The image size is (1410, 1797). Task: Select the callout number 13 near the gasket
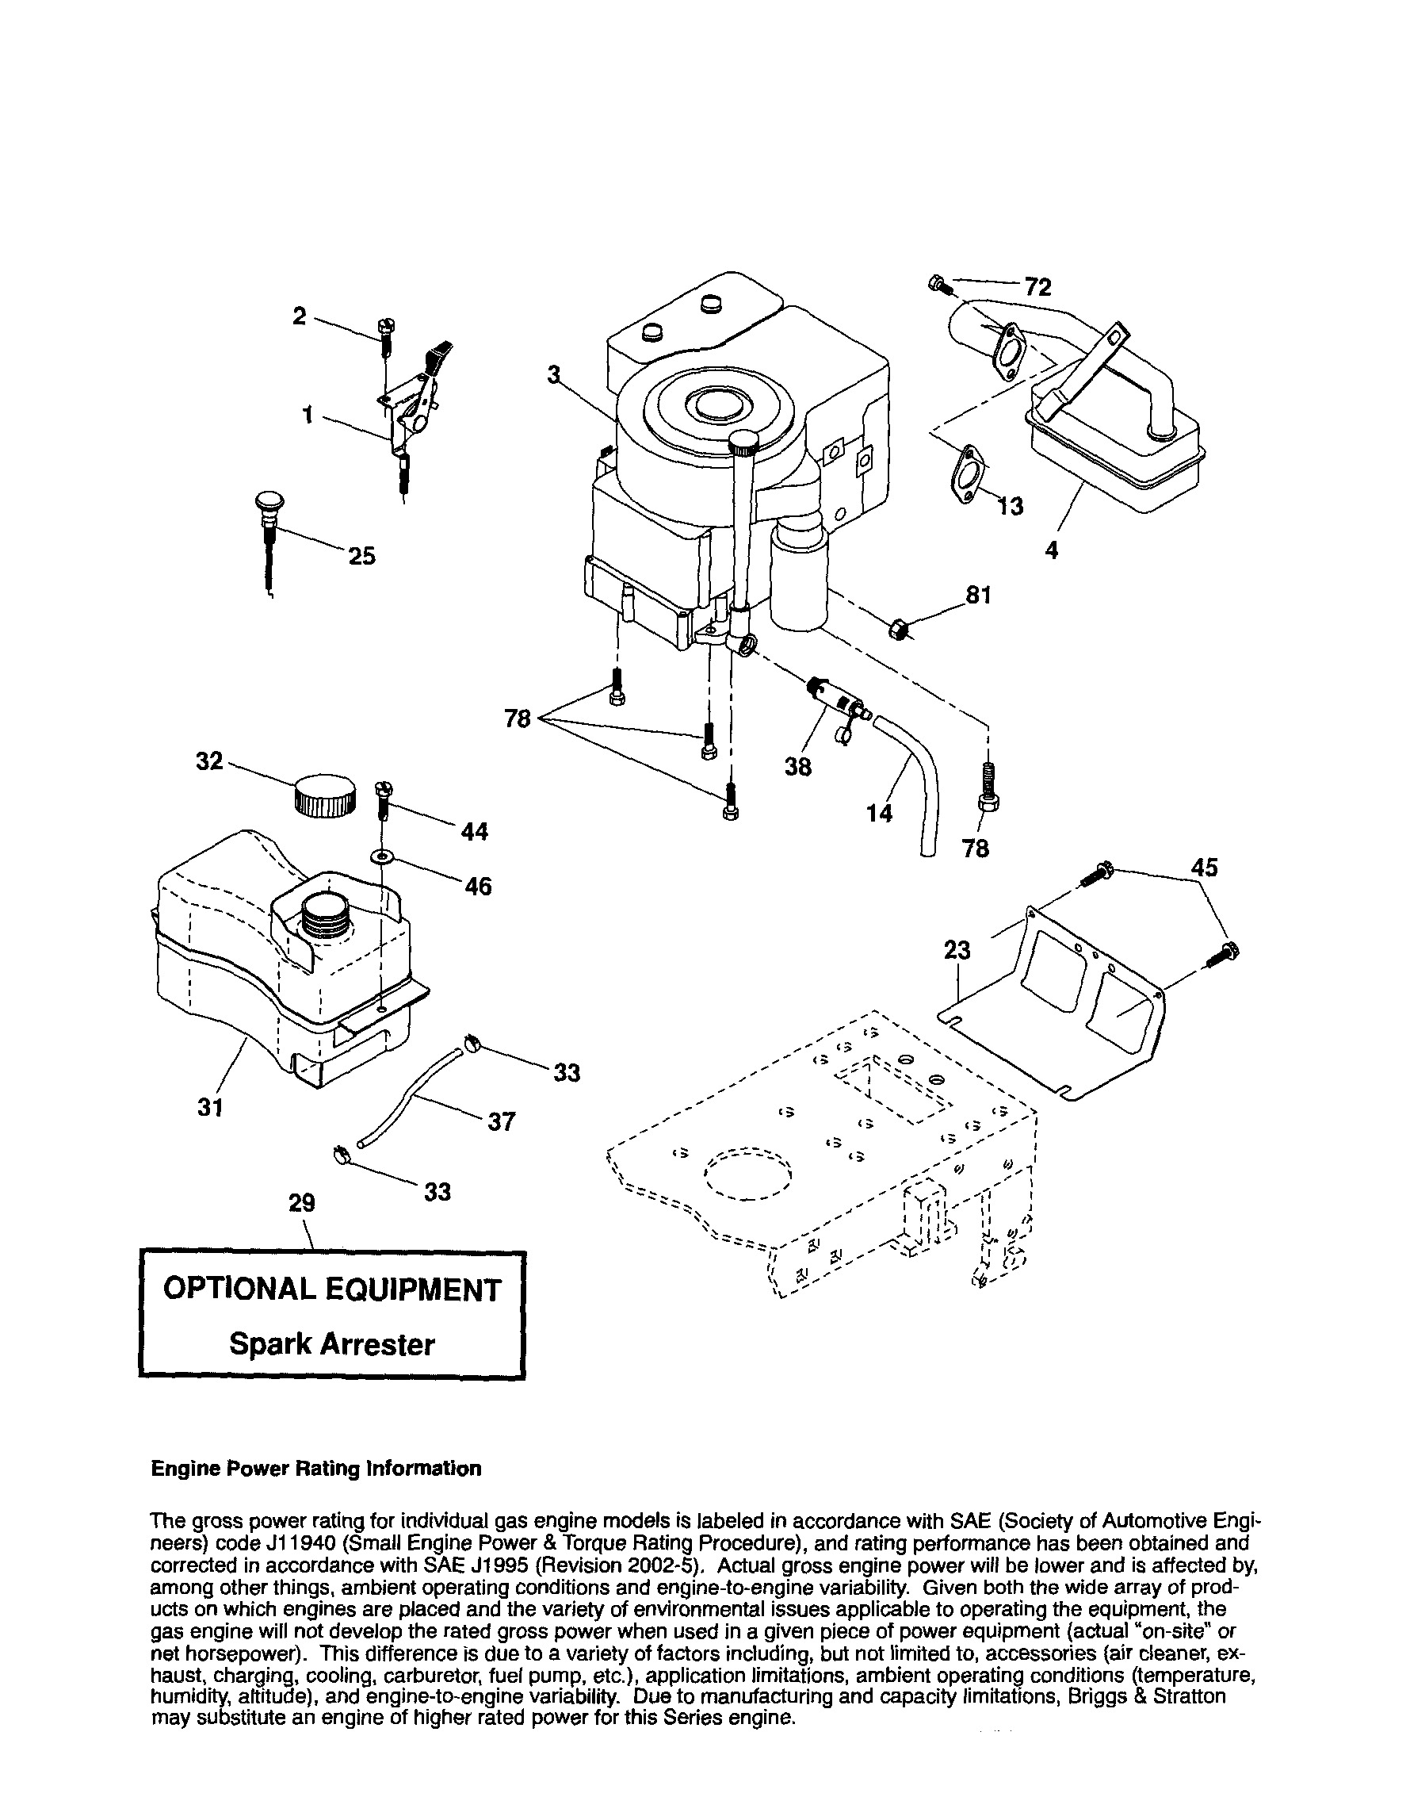coord(1010,505)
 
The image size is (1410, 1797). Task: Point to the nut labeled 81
coord(899,631)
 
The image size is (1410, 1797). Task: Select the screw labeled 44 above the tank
coord(383,799)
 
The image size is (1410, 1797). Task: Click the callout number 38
coord(797,767)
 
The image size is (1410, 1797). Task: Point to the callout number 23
coord(957,951)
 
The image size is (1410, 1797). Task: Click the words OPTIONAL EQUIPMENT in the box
coord(332,1289)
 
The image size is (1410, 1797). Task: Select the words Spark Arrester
coord(332,1344)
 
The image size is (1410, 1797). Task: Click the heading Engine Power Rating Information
coord(315,1469)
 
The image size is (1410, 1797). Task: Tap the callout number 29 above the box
coord(301,1203)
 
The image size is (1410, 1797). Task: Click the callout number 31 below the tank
coord(211,1107)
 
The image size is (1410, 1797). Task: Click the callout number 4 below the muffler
coord(1051,551)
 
